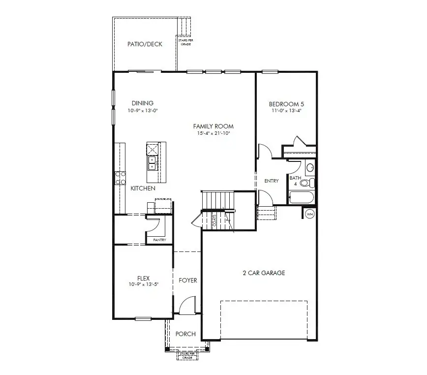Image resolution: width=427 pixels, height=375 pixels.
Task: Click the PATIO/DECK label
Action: (145, 44)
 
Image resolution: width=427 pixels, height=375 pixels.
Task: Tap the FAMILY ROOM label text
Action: (213, 126)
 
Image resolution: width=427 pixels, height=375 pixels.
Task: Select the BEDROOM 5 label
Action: (286, 104)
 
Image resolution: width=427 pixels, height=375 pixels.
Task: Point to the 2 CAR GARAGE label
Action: (264, 273)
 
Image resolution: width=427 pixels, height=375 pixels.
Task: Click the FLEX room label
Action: (143, 278)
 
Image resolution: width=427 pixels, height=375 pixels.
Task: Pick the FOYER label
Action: (187, 281)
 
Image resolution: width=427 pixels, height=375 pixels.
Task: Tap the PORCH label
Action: (185, 334)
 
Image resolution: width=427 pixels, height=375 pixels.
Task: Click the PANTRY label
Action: (159, 240)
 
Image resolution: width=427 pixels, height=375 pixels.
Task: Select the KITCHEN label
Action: (143, 188)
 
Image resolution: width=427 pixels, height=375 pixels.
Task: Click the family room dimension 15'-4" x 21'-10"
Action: (213, 133)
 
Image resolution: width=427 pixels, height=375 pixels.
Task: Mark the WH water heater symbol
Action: (310, 214)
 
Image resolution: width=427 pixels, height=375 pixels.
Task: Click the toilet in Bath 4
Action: (306, 183)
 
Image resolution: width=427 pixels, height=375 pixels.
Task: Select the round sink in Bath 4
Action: (310, 168)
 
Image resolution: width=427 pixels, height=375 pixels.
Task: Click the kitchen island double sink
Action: (152, 163)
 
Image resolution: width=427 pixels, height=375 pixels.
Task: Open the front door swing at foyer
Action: (187, 307)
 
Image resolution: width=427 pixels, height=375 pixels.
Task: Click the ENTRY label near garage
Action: (271, 181)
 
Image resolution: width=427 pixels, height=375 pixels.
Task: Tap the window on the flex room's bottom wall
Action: (143, 319)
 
